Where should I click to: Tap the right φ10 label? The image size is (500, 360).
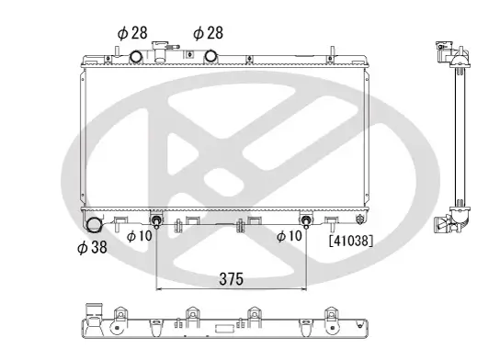coord(290,236)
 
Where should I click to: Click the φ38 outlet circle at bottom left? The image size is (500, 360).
coord(94,224)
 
